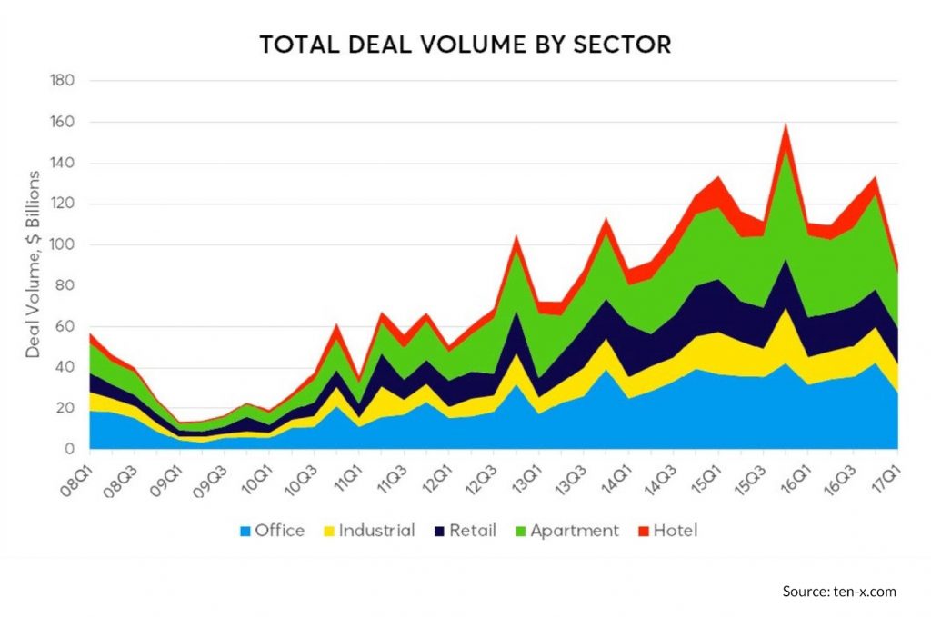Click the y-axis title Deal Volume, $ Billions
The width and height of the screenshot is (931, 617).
click(33, 264)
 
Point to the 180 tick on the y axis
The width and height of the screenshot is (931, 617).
click(62, 81)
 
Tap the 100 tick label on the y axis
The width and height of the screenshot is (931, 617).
click(62, 245)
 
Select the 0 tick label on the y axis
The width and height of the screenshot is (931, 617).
click(69, 450)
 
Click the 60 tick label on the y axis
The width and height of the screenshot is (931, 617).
click(65, 327)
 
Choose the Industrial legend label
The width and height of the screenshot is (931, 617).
click(376, 531)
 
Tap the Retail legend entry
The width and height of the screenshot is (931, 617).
click(470, 531)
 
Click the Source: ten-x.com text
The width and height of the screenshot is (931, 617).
click(839, 592)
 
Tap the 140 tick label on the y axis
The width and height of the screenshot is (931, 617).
click(62, 164)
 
